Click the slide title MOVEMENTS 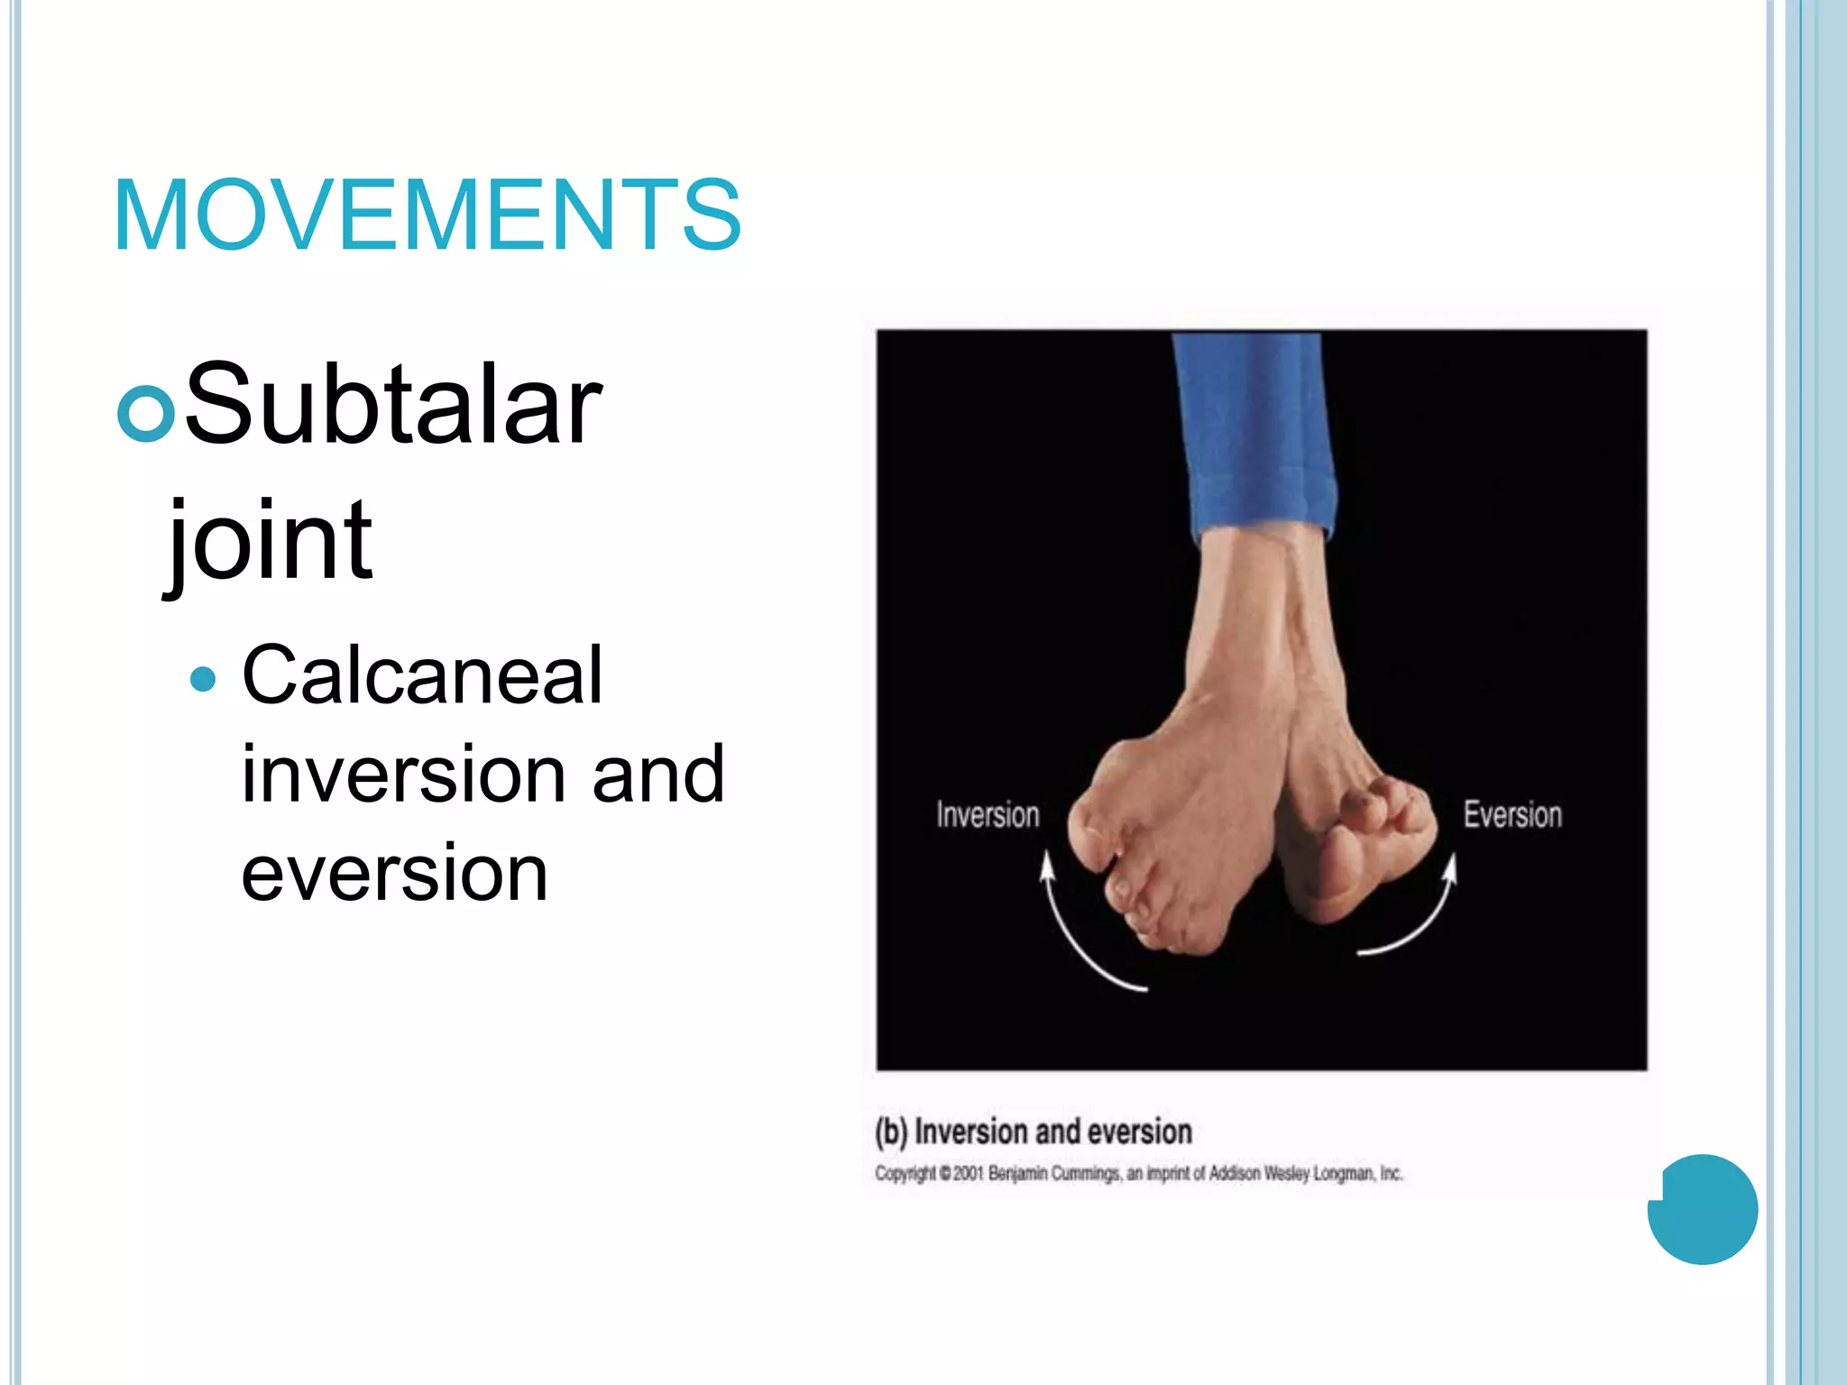tap(427, 216)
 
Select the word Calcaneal tap(422, 675)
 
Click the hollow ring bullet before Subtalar tap(145, 412)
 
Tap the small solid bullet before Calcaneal tap(204, 678)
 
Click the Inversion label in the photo tap(988, 815)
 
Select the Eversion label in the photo tap(1512, 815)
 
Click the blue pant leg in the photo tap(1254, 433)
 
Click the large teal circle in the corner tap(1703, 1209)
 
